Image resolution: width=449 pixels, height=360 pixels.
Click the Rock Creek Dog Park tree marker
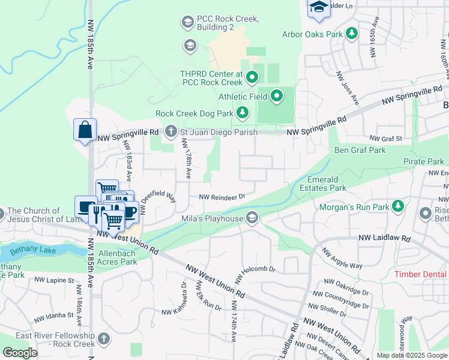point(242,112)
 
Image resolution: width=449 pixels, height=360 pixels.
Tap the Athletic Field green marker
point(277,95)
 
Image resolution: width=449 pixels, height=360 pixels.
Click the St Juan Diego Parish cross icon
point(171,131)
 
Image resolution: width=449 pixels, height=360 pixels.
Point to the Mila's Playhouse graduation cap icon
point(253,218)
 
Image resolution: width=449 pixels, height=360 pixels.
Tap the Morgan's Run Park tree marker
point(397,207)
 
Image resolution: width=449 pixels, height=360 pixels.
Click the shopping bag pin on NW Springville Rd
point(85,130)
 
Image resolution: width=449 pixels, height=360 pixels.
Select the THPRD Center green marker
point(252,77)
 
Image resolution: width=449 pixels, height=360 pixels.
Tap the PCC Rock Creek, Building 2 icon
point(187,23)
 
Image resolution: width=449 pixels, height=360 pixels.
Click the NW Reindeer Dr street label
point(222,197)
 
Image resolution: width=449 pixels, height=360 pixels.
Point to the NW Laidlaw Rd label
point(385,239)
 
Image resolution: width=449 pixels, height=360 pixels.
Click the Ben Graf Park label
point(360,150)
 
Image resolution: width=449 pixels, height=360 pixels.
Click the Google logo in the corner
point(20,353)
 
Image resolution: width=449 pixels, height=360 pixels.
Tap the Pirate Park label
point(423,161)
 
